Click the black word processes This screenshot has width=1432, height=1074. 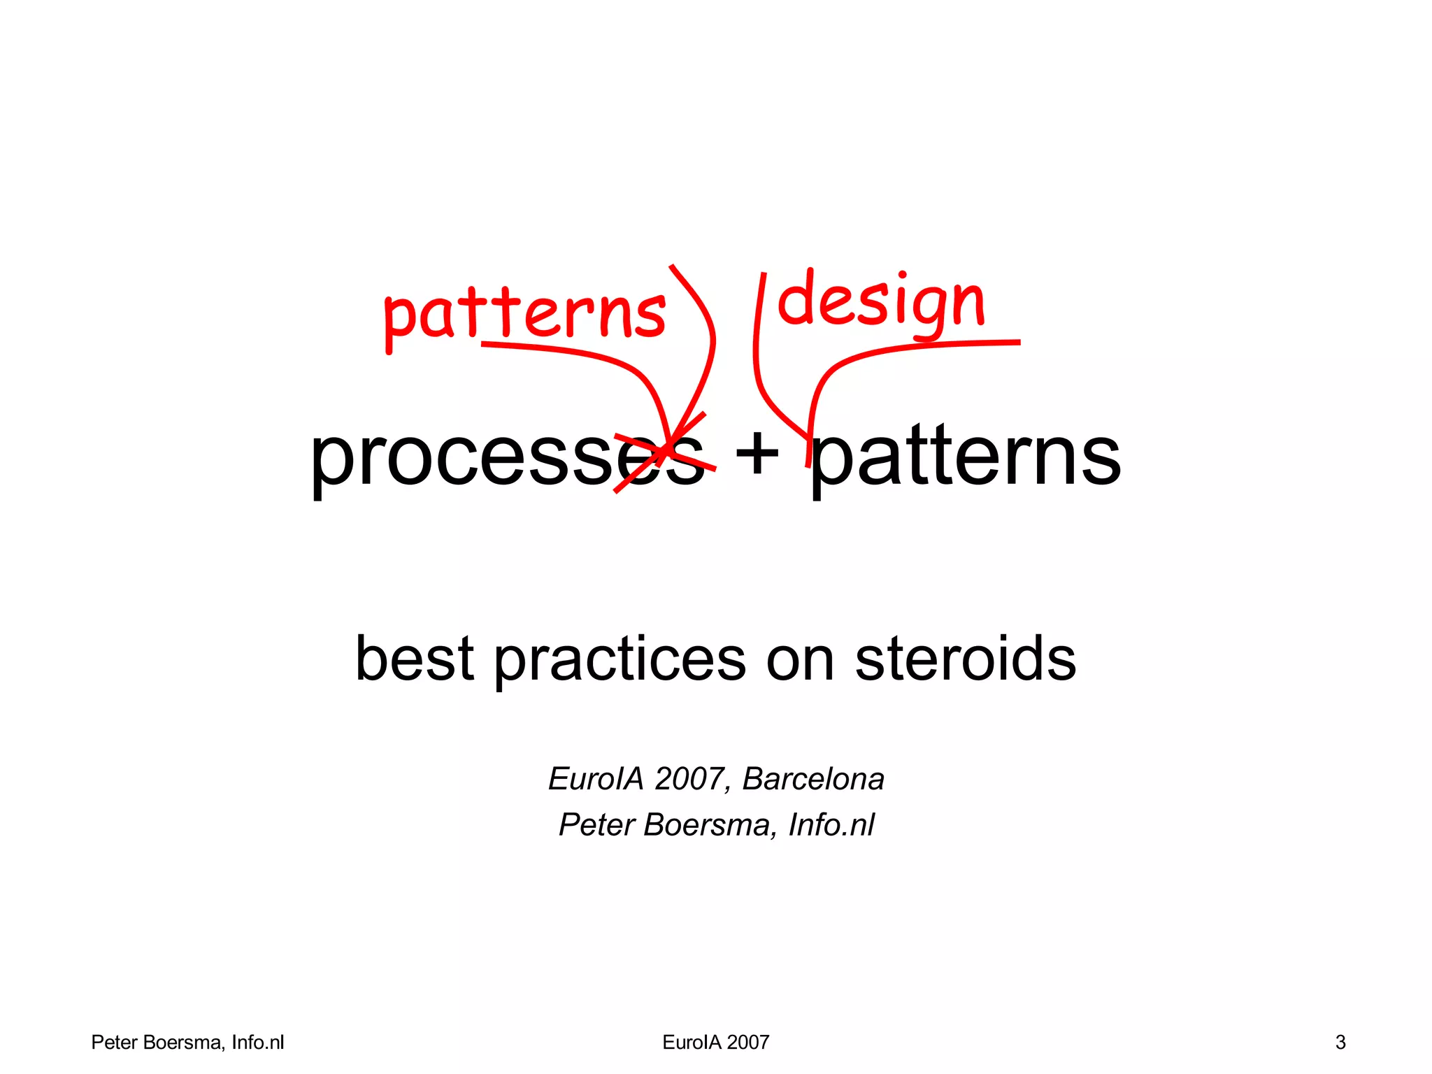507,458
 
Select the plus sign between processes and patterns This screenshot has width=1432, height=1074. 757,453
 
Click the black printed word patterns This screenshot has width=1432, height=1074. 965,458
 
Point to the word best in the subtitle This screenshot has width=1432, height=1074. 415,659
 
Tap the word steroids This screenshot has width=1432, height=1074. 965,659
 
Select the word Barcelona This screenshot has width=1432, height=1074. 813,779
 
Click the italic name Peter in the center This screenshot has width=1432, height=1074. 596,825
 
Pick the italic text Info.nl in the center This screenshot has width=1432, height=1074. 831,825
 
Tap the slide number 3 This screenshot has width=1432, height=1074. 1340,1043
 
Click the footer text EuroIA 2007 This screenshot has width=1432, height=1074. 715,1043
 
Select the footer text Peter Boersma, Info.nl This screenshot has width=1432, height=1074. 187,1043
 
